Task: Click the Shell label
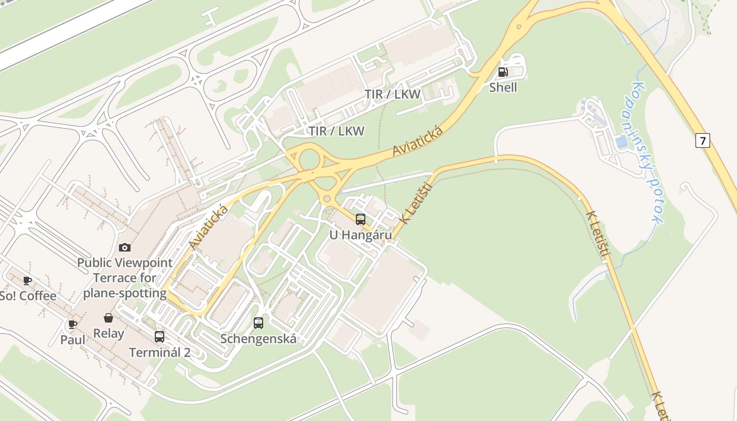click(503, 87)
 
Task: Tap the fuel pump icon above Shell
click(503, 72)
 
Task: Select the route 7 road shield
click(702, 141)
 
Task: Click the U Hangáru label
click(361, 235)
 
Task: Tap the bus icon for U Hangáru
click(361, 219)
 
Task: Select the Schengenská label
click(258, 338)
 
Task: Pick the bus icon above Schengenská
click(258, 323)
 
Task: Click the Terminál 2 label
click(160, 352)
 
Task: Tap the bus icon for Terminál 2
click(160, 337)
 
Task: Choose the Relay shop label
click(108, 333)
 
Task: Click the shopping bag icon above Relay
click(108, 318)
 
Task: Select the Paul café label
click(73, 339)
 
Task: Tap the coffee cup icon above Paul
click(73, 324)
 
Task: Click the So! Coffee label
click(27, 296)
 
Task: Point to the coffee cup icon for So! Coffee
click(27, 280)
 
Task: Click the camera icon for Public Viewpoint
click(125, 247)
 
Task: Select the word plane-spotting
click(125, 293)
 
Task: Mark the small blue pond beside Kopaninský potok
click(622, 142)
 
